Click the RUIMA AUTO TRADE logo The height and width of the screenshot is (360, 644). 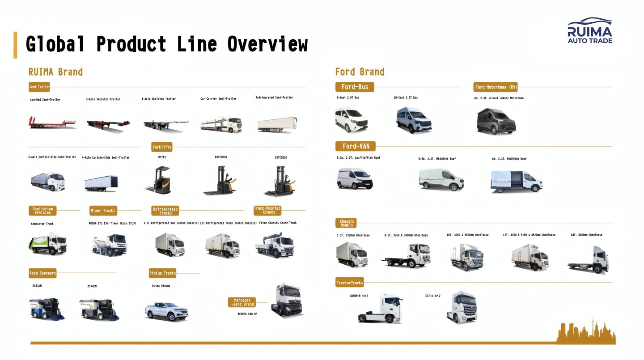[589, 31]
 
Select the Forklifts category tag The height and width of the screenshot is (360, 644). [162, 147]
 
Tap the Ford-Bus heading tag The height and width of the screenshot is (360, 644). [355, 87]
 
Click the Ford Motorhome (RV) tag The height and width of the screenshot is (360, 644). [496, 87]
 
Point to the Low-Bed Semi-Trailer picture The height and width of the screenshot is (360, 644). [52, 123]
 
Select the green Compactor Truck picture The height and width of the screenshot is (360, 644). [47, 244]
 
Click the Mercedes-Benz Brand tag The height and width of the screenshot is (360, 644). [242, 302]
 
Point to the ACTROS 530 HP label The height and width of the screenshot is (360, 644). [247, 314]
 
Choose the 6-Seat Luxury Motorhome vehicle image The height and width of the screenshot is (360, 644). [496, 120]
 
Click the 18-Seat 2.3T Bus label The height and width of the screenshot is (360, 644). [407, 97]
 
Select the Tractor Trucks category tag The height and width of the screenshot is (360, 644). [350, 283]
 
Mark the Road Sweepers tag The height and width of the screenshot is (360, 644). [42, 273]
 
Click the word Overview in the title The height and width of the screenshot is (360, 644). [267, 45]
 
